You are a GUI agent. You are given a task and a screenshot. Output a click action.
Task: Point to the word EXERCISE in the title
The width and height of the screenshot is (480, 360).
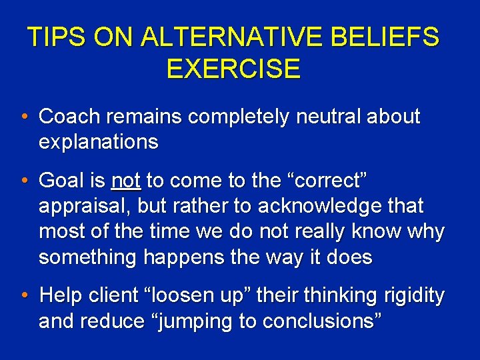click(x=233, y=69)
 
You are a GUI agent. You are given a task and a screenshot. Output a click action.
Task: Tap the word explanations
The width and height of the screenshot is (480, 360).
click(x=99, y=142)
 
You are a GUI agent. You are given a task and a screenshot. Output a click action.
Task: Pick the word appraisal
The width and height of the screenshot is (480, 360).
click(x=85, y=206)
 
